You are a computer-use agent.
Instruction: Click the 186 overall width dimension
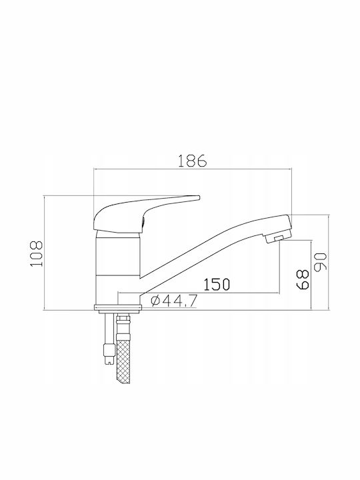click(193, 161)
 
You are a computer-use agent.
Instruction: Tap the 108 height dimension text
click(37, 254)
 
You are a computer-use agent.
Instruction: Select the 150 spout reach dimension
click(217, 285)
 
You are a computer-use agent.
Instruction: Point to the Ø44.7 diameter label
click(173, 301)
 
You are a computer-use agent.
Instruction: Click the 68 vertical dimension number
click(303, 279)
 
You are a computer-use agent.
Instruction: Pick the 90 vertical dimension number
click(321, 262)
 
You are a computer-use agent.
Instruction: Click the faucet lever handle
click(146, 213)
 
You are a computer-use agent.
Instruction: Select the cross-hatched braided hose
click(123, 356)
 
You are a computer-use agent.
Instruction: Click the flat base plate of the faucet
click(118, 307)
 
